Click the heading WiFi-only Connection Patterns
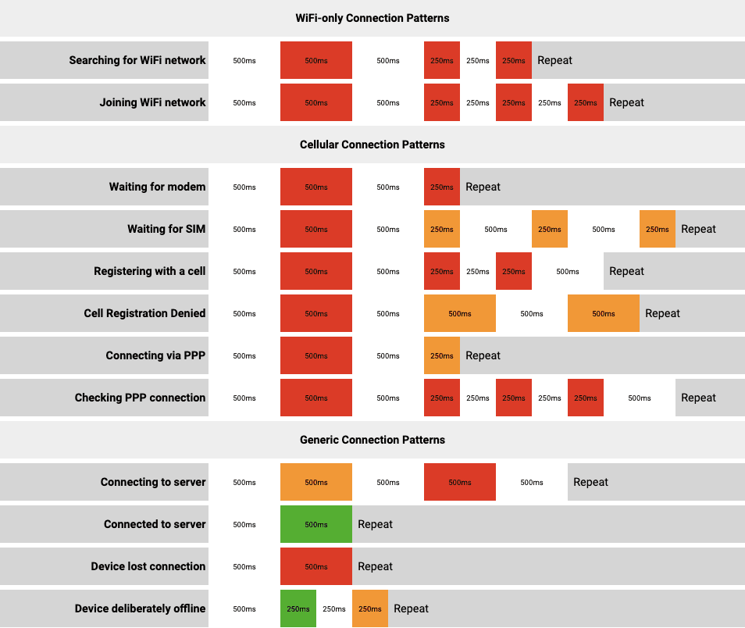[x=372, y=18]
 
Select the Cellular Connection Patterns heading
[x=372, y=145]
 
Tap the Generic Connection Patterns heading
[x=372, y=440]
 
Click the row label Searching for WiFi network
[x=137, y=60]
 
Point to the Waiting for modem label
[x=157, y=187]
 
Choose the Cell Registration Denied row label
[x=144, y=313]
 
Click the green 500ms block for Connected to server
[x=316, y=524]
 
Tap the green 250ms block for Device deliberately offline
[x=298, y=608]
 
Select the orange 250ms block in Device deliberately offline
[x=370, y=608]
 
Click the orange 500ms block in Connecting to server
[x=316, y=482]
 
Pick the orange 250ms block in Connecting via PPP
[x=442, y=355]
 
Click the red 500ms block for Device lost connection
[x=316, y=566]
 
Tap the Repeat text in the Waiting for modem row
[x=483, y=187]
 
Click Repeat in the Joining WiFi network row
[x=626, y=102]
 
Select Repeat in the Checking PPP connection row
[x=698, y=398]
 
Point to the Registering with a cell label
[x=149, y=271]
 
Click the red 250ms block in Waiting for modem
[x=442, y=187]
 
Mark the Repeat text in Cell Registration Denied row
[x=662, y=313]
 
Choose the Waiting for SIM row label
[x=166, y=229]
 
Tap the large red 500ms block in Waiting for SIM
[x=316, y=229]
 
